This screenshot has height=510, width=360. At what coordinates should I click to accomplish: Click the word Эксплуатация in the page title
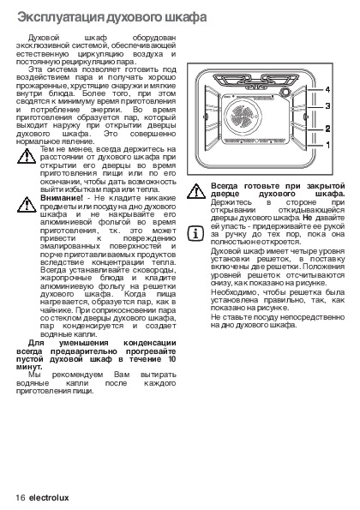click(x=61, y=17)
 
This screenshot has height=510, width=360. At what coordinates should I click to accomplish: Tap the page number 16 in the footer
click(x=21, y=498)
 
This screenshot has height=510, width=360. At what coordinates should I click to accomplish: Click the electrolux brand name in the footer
click(x=49, y=498)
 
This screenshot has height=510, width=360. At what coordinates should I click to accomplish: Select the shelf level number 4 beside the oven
click(x=327, y=89)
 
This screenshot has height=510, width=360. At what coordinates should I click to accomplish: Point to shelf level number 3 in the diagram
click(x=327, y=106)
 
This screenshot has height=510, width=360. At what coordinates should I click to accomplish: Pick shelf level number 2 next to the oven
click(x=327, y=129)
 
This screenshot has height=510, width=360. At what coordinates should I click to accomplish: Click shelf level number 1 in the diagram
click(x=327, y=145)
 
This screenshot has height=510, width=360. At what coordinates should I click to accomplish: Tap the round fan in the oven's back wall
click(x=243, y=115)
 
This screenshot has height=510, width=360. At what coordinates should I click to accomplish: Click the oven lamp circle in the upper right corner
click(x=285, y=92)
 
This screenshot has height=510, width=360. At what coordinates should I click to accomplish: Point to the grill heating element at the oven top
click(x=256, y=81)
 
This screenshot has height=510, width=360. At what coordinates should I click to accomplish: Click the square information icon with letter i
click(x=195, y=233)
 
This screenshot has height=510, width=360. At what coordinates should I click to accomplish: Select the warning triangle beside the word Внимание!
click(x=27, y=205)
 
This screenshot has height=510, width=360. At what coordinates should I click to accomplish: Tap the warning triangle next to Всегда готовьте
click(x=196, y=191)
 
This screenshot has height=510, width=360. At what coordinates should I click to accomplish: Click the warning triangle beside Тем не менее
click(x=27, y=156)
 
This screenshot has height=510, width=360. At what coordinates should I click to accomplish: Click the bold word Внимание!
click(x=62, y=198)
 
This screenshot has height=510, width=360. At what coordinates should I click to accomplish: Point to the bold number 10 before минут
click(x=172, y=359)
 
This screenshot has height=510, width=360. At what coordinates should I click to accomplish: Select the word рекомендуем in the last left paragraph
click(x=77, y=375)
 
